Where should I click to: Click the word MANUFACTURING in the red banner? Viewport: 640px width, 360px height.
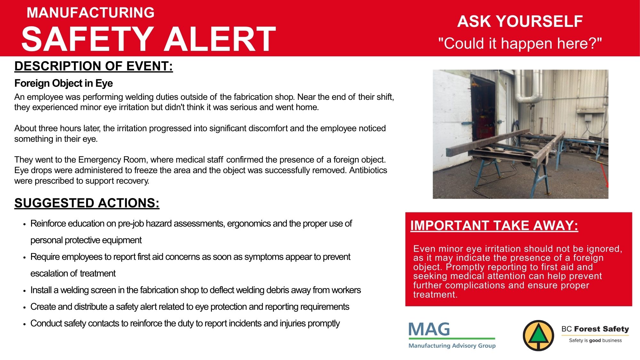pos(91,12)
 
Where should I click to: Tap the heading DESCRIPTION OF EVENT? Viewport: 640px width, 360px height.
pos(94,66)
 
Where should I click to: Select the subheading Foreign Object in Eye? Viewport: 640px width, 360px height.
pos(64,83)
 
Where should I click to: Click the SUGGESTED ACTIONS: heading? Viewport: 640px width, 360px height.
pos(87,203)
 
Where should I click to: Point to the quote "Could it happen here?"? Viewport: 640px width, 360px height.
pos(520,43)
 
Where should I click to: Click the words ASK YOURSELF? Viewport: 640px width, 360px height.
pos(520,21)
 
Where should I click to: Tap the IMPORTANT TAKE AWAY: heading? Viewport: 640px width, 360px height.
pos(494,226)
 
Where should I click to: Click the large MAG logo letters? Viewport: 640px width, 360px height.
pos(429,329)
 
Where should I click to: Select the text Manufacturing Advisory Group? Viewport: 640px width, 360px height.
pos(452,346)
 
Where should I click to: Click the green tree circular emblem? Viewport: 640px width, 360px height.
pos(539,335)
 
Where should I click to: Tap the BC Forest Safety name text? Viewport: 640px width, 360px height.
pos(595,329)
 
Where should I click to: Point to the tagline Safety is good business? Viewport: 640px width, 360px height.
pos(595,340)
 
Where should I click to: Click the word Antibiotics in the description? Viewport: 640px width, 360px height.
pos(368,170)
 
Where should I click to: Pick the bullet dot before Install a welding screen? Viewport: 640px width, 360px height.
pos(25,291)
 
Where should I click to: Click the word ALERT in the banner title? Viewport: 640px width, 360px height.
pos(220,39)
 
